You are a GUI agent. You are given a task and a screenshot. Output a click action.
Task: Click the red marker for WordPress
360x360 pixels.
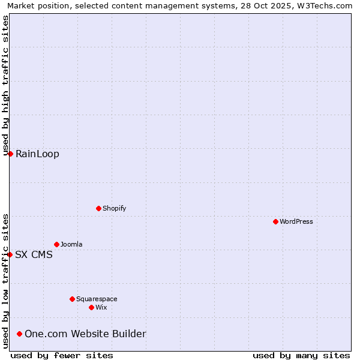click(x=275, y=221)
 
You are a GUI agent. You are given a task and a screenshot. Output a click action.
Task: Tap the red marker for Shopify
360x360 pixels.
click(x=98, y=208)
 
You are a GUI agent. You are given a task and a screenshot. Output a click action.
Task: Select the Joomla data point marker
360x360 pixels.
click(x=56, y=244)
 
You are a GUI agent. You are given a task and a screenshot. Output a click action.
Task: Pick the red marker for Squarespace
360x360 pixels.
click(x=72, y=299)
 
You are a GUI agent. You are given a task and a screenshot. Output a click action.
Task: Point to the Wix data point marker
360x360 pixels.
click(x=91, y=307)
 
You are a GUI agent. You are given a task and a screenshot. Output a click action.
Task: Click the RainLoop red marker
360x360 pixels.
click(x=10, y=154)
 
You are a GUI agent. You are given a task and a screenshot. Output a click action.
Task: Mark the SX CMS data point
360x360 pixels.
click(x=10, y=254)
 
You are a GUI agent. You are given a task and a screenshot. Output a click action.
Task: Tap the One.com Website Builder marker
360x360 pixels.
click(x=20, y=334)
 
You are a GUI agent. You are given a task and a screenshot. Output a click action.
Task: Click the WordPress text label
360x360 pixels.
click(x=296, y=221)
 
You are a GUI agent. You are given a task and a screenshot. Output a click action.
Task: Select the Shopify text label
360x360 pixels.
click(x=115, y=208)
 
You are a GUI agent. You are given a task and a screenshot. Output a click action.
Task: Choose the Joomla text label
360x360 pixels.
click(x=71, y=244)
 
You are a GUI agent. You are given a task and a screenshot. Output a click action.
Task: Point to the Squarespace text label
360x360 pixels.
click(x=97, y=299)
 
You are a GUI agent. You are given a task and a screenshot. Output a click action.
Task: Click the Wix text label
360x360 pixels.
click(x=101, y=307)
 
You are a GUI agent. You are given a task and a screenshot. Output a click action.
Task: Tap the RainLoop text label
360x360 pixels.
click(x=37, y=154)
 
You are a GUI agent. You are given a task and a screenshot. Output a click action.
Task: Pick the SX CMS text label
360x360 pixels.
click(x=34, y=254)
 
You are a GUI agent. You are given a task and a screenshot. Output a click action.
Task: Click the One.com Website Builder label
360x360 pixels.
click(x=85, y=334)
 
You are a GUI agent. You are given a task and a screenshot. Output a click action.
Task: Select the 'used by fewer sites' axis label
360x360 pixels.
click(x=62, y=355)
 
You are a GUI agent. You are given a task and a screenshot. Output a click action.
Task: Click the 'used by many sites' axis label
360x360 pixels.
click(x=301, y=355)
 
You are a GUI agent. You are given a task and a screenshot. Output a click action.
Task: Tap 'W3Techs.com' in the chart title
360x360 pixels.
click(x=326, y=6)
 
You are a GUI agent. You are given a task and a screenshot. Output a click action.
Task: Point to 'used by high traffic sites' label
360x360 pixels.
click(x=6, y=84)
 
